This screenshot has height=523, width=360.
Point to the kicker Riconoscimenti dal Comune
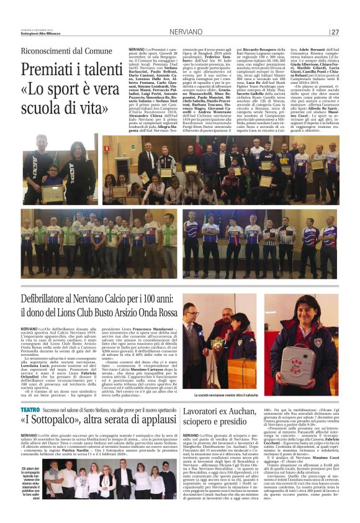coord(68,50)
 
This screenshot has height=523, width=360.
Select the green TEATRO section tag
coord(30,393)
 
